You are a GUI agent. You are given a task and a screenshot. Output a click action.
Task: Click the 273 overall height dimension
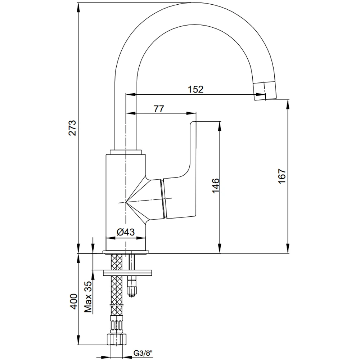pos(73,127)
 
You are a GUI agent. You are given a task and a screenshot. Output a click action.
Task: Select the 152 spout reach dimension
pos(196,89)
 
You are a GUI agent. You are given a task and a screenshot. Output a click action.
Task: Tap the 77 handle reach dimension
pos(159,109)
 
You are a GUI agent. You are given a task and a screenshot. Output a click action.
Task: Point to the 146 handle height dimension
pos(215,185)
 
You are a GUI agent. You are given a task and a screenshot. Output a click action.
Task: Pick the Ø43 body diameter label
pos(126,232)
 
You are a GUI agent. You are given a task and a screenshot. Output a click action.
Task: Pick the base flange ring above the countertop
pos(126,252)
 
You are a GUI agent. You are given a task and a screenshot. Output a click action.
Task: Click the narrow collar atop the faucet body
pos(126,152)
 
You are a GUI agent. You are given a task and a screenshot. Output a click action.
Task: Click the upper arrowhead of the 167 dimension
pos(288,102)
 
